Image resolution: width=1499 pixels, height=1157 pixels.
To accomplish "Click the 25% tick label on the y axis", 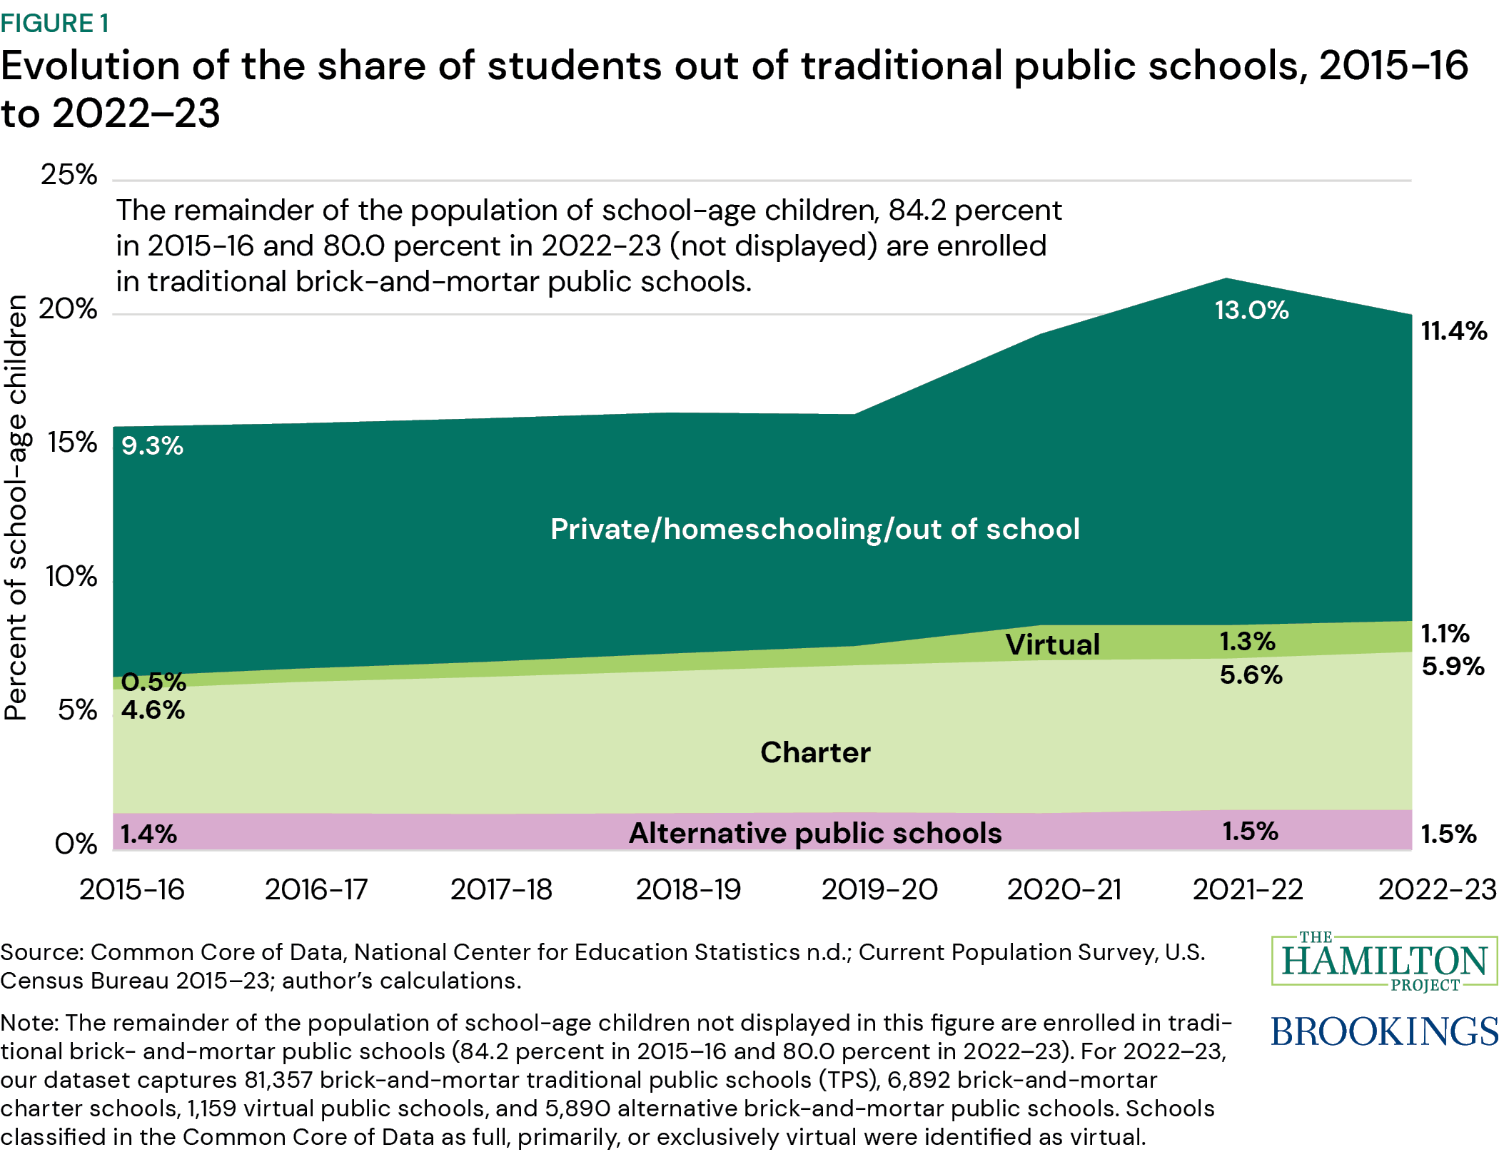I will [69, 175].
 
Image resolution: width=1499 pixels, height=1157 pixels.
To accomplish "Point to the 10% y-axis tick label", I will [71, 577].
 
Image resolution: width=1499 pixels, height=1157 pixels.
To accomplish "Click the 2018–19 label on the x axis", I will [688, 890].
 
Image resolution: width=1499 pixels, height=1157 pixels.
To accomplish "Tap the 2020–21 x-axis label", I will [1064, 890].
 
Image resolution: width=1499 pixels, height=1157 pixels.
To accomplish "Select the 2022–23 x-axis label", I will [1436, 890].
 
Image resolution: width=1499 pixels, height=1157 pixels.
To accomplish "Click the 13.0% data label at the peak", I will [1251, 310].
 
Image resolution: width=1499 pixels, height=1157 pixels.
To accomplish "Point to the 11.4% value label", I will [1454, 331].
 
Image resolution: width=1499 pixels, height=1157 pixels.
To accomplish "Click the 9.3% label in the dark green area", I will [152, 446].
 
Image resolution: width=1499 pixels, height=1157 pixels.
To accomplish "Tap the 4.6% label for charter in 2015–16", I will [153, 710].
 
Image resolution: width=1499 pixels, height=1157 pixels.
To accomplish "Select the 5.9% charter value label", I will [1453, 667].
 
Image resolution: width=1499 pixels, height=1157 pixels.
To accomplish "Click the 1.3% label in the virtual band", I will [1247, 641].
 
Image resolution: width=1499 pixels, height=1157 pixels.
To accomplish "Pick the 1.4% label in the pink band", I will [148, 834].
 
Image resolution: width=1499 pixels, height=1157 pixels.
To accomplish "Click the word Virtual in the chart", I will [1052, 645].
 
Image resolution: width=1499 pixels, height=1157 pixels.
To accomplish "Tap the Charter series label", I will [815, 752].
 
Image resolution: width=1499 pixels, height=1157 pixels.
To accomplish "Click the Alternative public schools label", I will [815, 833].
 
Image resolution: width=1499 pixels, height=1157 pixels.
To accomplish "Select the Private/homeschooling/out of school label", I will [814, 530].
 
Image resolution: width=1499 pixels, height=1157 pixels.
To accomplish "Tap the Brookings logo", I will [1383, 1032].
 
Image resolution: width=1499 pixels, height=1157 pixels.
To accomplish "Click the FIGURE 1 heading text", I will [55, 24].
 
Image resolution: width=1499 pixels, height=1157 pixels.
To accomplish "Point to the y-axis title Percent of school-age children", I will [16, 507].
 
